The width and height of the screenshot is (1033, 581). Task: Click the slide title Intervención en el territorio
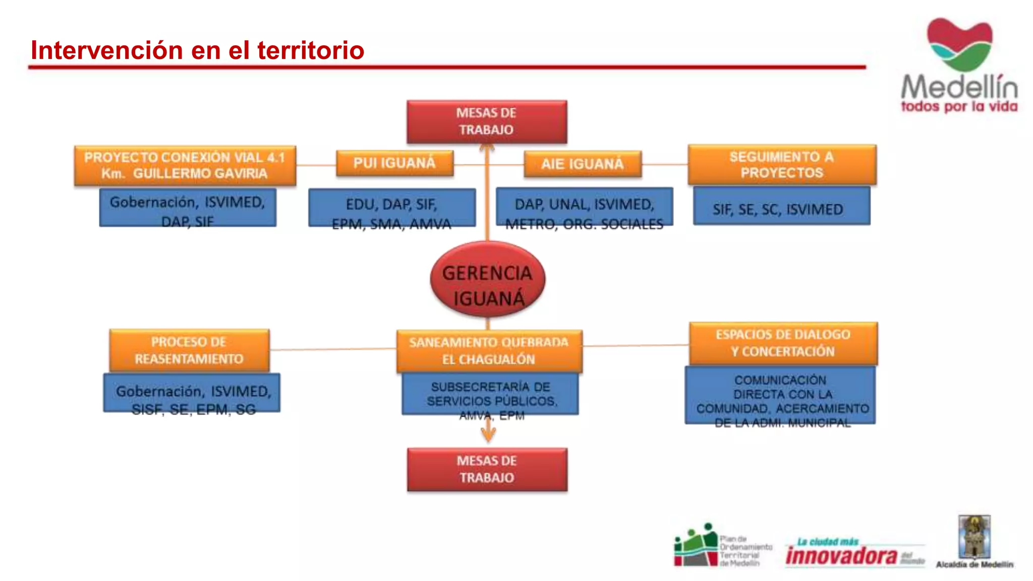pos(197,50)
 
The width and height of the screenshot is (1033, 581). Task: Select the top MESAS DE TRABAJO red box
pos(487,122)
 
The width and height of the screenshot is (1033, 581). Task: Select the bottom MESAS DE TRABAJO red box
pos(487,470)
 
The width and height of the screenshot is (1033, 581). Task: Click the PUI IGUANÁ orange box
pos(394,163)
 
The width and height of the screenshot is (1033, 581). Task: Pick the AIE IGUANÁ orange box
pos(583,164)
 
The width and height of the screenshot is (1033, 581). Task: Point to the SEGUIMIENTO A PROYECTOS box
pos(782,165)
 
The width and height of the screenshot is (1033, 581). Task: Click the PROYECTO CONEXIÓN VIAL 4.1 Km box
pos(185,165)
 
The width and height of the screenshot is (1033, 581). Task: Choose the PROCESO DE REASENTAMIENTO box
pos(189,351)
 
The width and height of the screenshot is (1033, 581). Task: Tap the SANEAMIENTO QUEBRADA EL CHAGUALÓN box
pos(489,351)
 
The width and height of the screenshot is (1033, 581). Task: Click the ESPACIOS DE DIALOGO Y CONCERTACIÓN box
pos(783,343)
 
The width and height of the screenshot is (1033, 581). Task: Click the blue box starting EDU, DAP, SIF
pos(392,208)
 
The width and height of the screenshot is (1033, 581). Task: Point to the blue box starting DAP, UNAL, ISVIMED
pos(584,207)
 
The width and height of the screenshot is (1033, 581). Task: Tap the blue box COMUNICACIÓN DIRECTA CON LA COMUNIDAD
pos(780,395)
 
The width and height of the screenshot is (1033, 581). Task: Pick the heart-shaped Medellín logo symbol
pos(959,44)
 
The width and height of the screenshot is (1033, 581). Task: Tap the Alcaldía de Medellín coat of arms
pos(974,536)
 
